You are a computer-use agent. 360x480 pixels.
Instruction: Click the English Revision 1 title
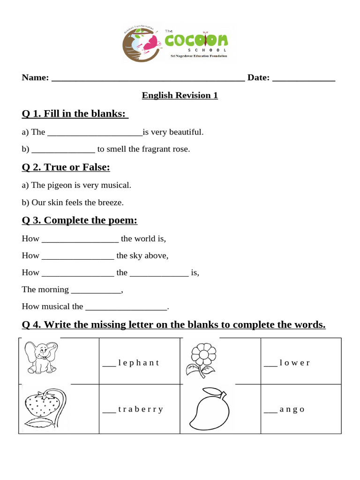click(180, 96)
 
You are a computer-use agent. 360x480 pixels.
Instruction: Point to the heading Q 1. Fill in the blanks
click(75, 114)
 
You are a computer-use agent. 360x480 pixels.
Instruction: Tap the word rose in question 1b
click(182, 150)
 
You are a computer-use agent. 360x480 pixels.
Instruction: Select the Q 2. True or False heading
click(66, 167)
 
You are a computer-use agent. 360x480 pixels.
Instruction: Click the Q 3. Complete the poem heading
click(80, 221)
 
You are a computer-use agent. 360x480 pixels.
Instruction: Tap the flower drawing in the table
click(202, 360)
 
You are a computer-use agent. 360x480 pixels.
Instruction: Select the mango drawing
click(209, 406)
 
